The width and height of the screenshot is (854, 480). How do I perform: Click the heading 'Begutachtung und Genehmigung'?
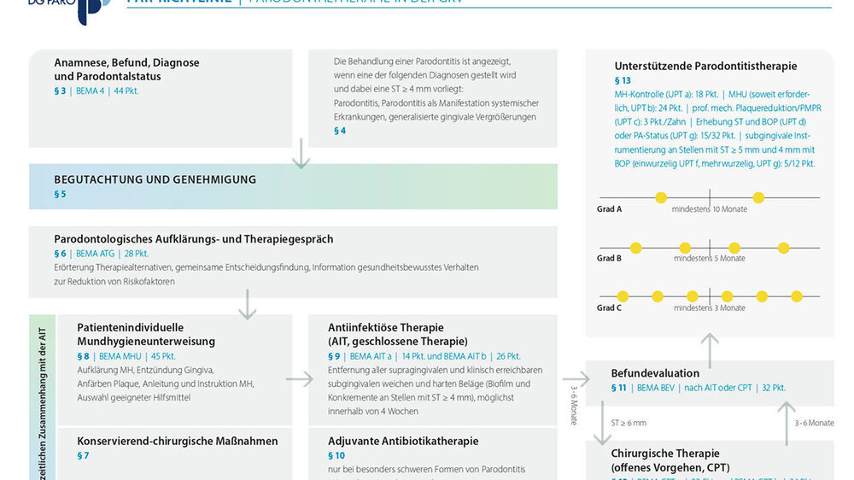pos(155,179)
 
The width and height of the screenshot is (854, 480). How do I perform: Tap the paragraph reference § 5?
pos(60,194)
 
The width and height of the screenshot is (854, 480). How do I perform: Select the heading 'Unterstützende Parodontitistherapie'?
pos(705,66)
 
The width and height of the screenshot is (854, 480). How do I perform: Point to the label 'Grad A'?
pos(609,208)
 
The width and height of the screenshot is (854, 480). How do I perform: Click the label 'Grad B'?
pos(609,258)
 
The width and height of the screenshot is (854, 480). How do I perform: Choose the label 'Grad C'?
pos(609,307)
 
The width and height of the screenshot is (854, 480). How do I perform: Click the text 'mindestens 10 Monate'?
pos(709,209)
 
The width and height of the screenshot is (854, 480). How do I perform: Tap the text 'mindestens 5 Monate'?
pos(709,259)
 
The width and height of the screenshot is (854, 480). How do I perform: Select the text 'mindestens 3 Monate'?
pos(709,308)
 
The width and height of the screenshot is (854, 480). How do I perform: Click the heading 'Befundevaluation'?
pos(655,373)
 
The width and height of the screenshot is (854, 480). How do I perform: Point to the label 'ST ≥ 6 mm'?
pos(629,423)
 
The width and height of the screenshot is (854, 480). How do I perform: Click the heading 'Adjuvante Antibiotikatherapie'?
pos(403,442)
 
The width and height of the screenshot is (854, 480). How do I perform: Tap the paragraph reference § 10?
pos(336,455)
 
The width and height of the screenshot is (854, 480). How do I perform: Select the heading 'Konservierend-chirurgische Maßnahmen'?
pos(178,442)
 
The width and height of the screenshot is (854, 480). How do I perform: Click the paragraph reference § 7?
pos(83,455)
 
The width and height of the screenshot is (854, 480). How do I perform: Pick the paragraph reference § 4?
pos(340,131)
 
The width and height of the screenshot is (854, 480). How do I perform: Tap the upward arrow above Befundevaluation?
pos(709,345)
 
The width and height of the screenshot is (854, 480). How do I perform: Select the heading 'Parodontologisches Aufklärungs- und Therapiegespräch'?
pos(194,239)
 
